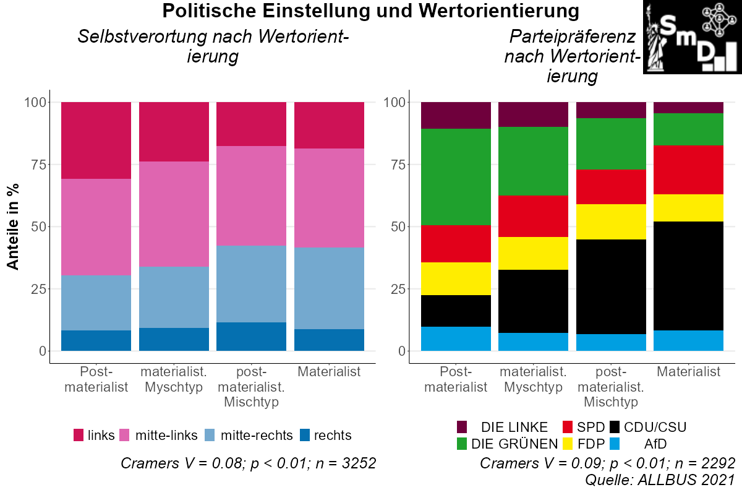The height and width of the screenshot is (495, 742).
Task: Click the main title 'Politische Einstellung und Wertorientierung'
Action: point(371,11)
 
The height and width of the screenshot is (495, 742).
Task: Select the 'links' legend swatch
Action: point(79,435)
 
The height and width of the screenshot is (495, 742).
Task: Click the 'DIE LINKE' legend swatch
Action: point(462,427)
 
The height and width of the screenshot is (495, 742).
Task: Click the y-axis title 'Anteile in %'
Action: point(13,226)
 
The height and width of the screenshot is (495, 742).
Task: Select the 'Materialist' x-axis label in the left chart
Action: point(329,372)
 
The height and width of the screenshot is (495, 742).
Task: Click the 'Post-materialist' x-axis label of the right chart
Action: point(456,379)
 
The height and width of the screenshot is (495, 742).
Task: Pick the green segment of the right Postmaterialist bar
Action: point(456,177)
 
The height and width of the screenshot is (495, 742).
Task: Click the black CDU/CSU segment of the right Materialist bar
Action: point(688,276)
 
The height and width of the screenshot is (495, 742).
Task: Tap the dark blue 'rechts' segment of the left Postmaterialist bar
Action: point(96,340)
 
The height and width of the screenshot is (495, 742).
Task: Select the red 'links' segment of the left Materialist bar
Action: point(329,126)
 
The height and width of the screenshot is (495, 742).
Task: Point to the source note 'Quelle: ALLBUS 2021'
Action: point(660,480)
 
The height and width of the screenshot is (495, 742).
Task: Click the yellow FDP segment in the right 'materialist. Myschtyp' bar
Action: point(533,253)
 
